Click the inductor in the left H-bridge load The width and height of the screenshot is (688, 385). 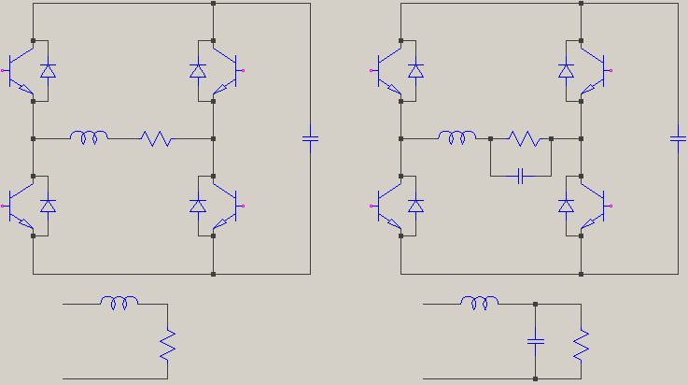pos(90,138)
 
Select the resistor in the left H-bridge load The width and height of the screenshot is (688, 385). pos(157,138)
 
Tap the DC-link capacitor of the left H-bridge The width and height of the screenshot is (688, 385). pos(310,138)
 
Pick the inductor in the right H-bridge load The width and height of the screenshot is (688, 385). pos(457,138)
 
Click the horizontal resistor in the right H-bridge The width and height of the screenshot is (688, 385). pos(524,138)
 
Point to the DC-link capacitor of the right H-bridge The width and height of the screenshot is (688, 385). pos(679,138)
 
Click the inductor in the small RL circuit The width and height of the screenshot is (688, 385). pos(120,303)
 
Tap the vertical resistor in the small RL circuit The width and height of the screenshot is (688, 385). pos(167,347)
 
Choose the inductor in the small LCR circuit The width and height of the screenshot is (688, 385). pos(480,303)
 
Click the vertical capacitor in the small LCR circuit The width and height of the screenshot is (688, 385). pos(535,341)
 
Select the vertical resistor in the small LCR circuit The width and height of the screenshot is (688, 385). pos(581,347)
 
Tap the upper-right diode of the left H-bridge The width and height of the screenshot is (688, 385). pos(197,71)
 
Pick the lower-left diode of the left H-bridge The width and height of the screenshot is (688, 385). pos(49,206)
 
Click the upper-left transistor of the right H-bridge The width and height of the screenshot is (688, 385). pos(388,71)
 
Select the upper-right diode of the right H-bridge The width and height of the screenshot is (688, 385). pos(565,71)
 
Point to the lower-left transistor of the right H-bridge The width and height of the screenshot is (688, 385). pos(388,206)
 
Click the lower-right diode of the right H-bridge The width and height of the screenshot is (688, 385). pos(565,206)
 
